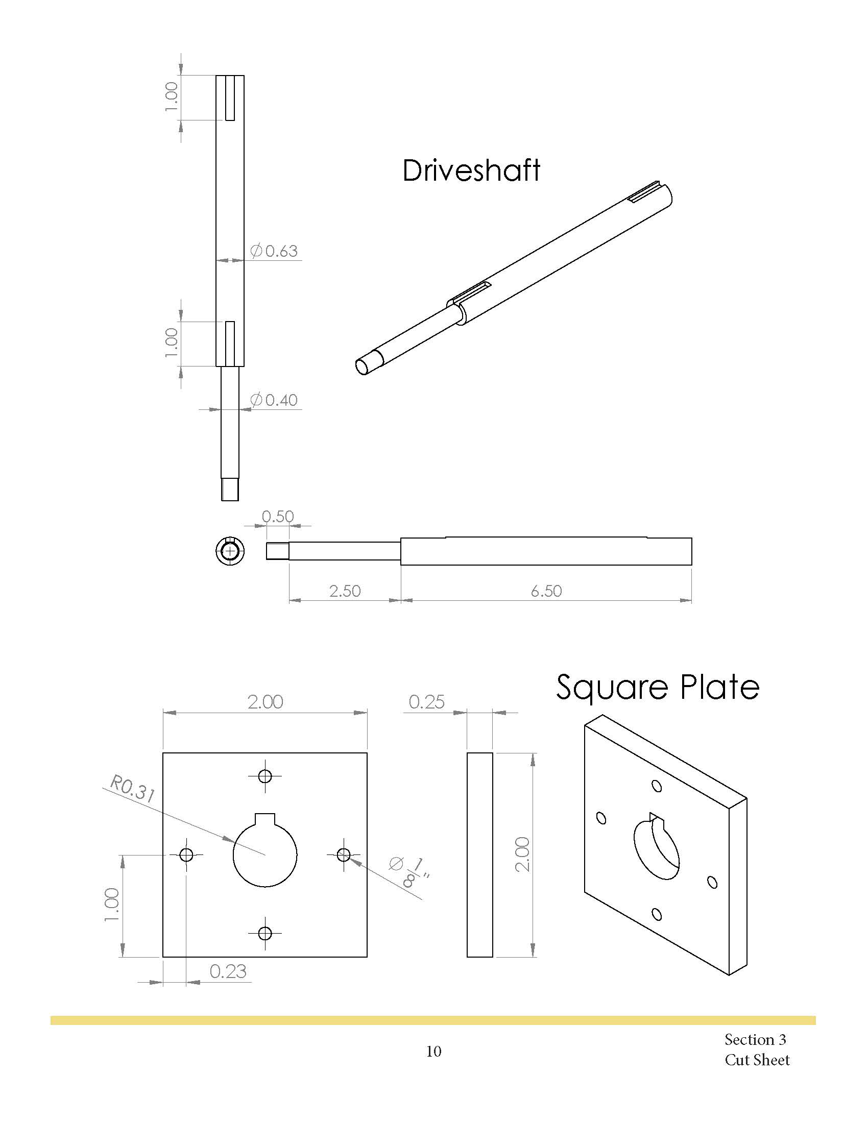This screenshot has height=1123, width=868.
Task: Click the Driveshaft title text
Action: click(x=471, y=170)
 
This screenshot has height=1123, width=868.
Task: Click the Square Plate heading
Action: click(x=657, y=688)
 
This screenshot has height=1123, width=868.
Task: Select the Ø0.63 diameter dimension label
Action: click(x=274, y=251)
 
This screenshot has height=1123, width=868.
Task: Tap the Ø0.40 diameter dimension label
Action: click(x=274, y=400)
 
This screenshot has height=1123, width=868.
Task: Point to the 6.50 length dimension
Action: click(x=546, y=591)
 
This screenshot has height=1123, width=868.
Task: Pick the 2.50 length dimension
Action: click(x=345, y=591)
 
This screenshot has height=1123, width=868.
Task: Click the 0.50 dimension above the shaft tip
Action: click(x=278, y=516)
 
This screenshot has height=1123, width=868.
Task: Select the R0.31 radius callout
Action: click(x=132, y=790)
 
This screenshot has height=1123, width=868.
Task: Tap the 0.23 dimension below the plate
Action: click(x=228, y=971)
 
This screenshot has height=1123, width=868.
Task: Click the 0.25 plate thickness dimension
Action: click(x=426, y=702)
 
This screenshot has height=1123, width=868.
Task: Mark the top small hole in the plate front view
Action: click(x=265, y=776)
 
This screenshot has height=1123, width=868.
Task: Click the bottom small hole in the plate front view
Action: click(x=265, y=933)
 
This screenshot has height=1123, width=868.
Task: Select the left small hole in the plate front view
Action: click(x=187, y=855)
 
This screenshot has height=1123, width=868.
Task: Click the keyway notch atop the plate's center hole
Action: click(x=266, y=819)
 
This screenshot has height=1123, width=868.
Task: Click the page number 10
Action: click(x=433, y=1052)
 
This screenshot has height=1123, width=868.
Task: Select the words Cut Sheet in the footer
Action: click(x=757, y=1060)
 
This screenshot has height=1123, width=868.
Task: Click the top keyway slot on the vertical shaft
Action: click(x=230, y=98)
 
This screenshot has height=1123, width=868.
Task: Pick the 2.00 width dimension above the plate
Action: click(x=265, y=702)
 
